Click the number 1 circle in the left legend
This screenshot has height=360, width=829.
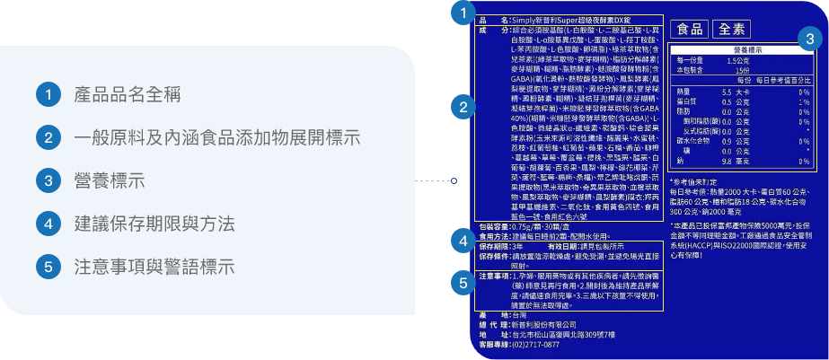coord(49,94)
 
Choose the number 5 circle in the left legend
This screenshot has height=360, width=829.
coord(49,267)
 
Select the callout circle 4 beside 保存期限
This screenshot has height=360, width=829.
coord(463,241)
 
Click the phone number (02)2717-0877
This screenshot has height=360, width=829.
coord(535,344)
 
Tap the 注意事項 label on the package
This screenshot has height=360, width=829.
coord(495,276)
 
